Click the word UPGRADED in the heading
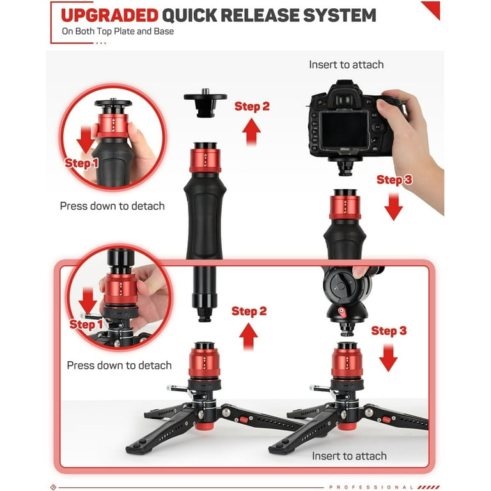109,15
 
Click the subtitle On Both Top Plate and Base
118,31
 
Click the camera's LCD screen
345,130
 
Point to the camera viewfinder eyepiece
344,100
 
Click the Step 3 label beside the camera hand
394,180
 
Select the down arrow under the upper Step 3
394,207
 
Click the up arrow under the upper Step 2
251,132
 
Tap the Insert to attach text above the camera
346,65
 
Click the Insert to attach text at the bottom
349,456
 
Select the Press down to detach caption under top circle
112,206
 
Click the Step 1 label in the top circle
81,163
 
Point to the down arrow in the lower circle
88,301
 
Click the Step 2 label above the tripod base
249,311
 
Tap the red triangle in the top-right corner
433,9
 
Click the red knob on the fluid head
341,312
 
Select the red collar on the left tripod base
204,362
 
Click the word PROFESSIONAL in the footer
371,487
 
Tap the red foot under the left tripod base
204,426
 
